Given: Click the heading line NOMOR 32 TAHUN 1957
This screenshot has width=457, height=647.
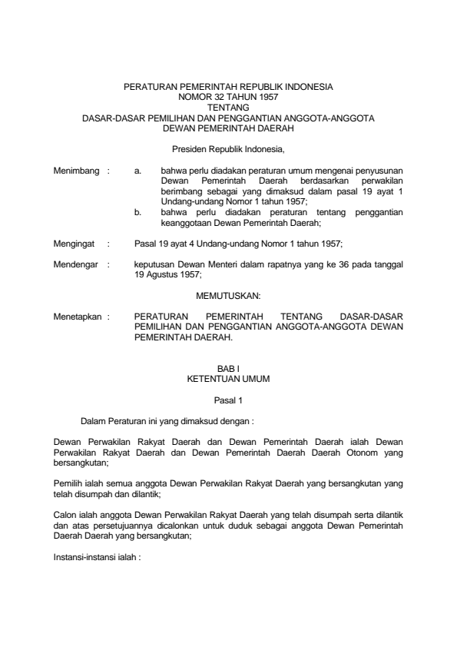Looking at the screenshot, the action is tap(228, 98).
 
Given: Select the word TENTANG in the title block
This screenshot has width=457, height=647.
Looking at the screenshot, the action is tap(228, 108).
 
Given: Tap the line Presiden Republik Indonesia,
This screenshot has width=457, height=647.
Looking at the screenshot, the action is tap(228, 146).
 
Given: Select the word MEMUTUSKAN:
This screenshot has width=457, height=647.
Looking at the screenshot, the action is tap(228, 294).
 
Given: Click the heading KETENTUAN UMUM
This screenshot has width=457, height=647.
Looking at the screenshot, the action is tap(228, 380).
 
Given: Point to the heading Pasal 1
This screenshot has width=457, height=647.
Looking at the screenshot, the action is tap(228, 400).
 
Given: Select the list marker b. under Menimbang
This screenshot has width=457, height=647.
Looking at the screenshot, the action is tap(137, 211).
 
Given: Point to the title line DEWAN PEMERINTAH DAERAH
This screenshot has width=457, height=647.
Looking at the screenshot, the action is tap(228, 128).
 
